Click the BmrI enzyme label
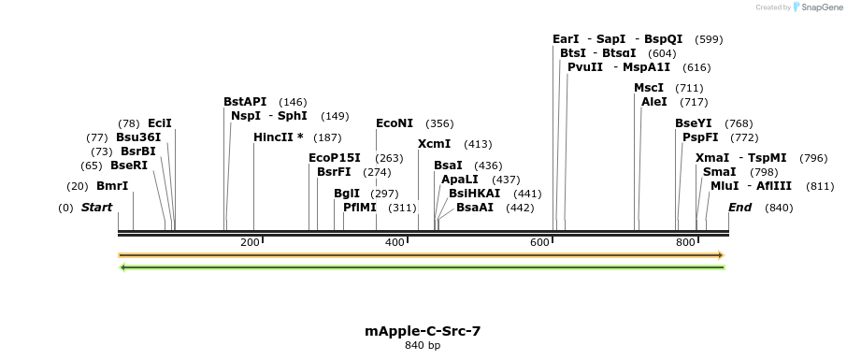pyautogui.click(x=112, y=186)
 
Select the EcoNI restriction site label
pyautogui.click(x=394, y=123)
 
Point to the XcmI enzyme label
pyautogui.click(x=434, y=144)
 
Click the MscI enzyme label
pyautogui.click(x=649, y=88)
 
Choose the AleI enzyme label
pyautogui.click(x=654, y=102)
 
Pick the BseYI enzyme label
pyautogui.click(x=694, y=123)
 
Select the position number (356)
pyautogui.click(x=439, y=123)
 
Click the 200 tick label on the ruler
pyautogui.click(x=250, y=243)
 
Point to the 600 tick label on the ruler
pyautogui.click(x=539, y=243)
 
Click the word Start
pyautogui.click(x=97, y=208)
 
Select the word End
pyautogui.click(x=739, y=208)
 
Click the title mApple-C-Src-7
pyautogui.click(x=423, y=331)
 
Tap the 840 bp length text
pyautogui.click(x=423, y=346)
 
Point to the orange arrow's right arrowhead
pyautogui.click(x=720, y=254)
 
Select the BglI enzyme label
pyautogui.click(x=347, y=194)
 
